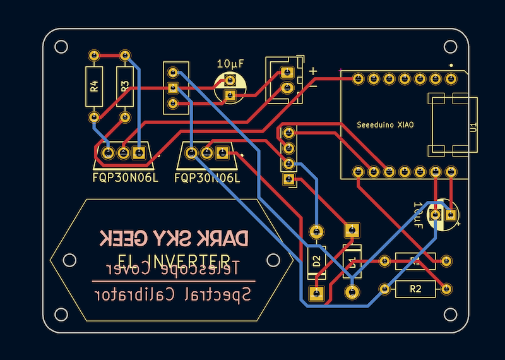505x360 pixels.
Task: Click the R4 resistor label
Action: click(x=94, y=86)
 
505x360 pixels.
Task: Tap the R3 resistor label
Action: click(x=125, y=86)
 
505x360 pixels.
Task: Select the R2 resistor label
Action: click(x=415, y=289)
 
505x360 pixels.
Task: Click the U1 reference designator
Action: click(x=472, y=127)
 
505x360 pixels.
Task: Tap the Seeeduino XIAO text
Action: click(x=385, y=125)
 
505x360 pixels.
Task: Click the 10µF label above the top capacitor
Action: click(x=230, y=64)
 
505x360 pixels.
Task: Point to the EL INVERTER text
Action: click(x=174, y=260)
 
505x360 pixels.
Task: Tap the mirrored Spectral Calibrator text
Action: click(x=174, y=294)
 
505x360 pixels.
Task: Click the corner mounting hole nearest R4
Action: click(x=61, y=46)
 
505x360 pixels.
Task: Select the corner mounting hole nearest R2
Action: click(x=450, y=314)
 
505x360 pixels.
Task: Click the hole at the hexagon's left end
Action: click(x=69, y=260)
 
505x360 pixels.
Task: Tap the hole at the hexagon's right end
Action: click(x=273, y=260)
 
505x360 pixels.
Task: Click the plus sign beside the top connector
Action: click(x=312, y=71)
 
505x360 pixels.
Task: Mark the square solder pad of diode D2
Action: click(x=316, y=292)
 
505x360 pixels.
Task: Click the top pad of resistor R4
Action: click(x=94, y=55)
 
